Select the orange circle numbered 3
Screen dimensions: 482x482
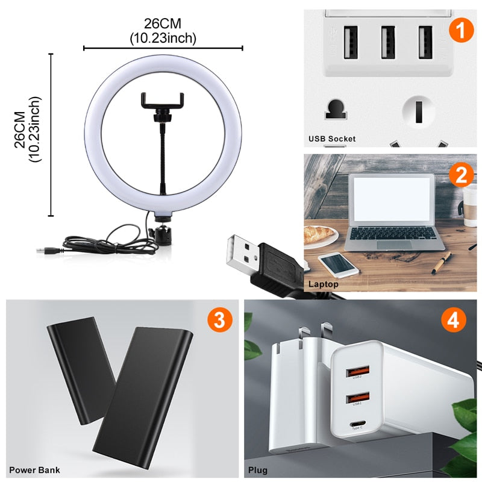tap(218, 319)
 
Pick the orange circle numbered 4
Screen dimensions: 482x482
tap(452, 319)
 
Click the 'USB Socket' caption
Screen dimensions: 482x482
tap(332, 139)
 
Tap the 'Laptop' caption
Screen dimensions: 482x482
tap(324, 283)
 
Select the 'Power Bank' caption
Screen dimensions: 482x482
tap(34, 469)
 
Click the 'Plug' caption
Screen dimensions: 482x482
tap(258, 469)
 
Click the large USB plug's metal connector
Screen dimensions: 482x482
tap(241, 252)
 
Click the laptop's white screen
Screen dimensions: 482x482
tap(391, 199)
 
